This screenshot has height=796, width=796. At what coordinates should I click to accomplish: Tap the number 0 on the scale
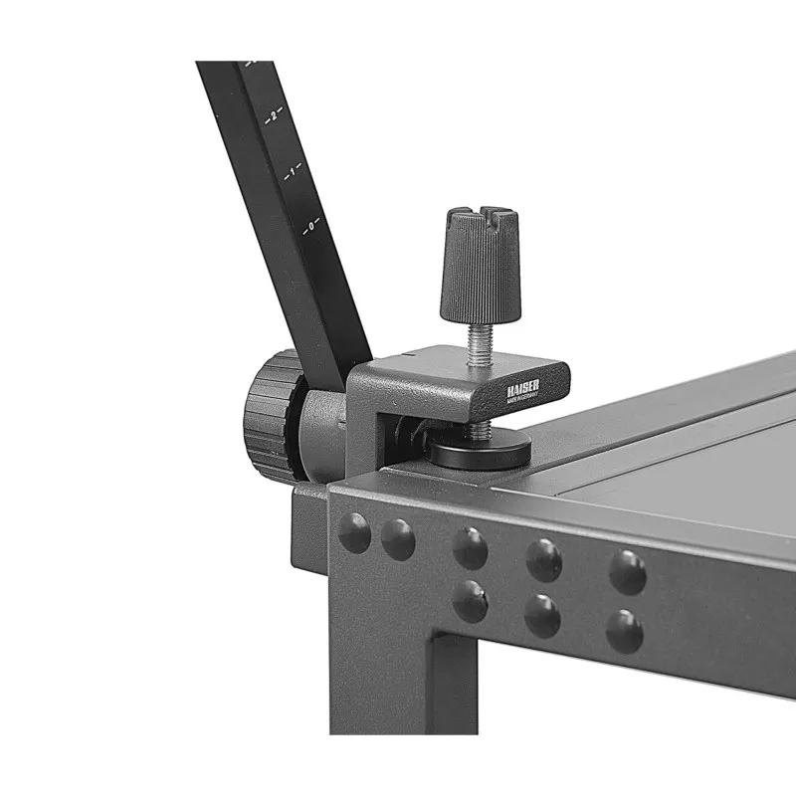pyautogui.click(x=310, y=226)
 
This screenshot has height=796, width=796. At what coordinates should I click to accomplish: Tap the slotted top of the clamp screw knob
pyautogui.click(x=480, y=216)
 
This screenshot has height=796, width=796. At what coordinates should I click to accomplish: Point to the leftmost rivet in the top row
pyautogui.click(x=354, y=533)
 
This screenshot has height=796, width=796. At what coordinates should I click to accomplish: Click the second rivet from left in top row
pyautogui.click(x=398, y=539)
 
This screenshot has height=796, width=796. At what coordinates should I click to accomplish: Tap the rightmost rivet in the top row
pyautogui.click(x=627, y=571)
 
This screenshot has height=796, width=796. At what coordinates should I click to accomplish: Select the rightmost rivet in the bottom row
pyautogui.click(x=624, y=631)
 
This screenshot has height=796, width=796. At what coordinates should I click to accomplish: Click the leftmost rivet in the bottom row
pyautogui.click(x=469, y=602)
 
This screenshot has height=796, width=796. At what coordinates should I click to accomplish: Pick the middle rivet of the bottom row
pyautogui.click(x=542, y=615)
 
